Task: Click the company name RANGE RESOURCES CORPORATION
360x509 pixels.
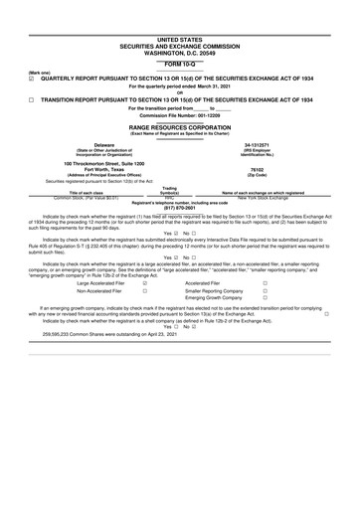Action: tap(179, 127)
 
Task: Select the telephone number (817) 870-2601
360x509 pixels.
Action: tap(179, 207)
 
